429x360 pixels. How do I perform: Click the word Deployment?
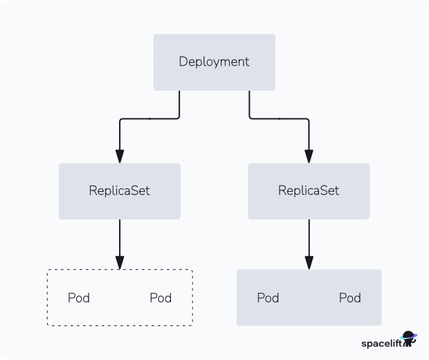click(x=214, y=62)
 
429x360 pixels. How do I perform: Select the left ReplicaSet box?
click(x=119, y=191)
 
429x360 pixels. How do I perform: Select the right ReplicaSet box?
click(x=309, y=191)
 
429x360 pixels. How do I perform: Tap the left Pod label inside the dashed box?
click(x=79, y=298)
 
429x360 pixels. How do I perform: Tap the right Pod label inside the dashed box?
click(x=161, y=298)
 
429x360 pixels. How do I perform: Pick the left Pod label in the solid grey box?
click(x=268, y=298)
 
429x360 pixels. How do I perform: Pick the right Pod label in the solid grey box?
click(x=349, y=298)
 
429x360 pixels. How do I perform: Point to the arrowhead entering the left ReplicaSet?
click(x=120, y=156)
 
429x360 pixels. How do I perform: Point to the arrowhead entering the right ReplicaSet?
click(x=309, y=156)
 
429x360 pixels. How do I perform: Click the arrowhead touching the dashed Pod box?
click(x=120, y=262)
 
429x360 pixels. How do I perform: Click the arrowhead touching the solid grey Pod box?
click(x=309, y=262)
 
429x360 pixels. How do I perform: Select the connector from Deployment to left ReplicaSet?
click(x=149, y=118)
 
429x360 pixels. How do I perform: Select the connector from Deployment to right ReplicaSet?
click(x=279, y=118)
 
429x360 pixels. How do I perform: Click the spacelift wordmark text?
click(x=381, y=343)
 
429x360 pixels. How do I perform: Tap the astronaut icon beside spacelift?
click(x=410, y=339)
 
